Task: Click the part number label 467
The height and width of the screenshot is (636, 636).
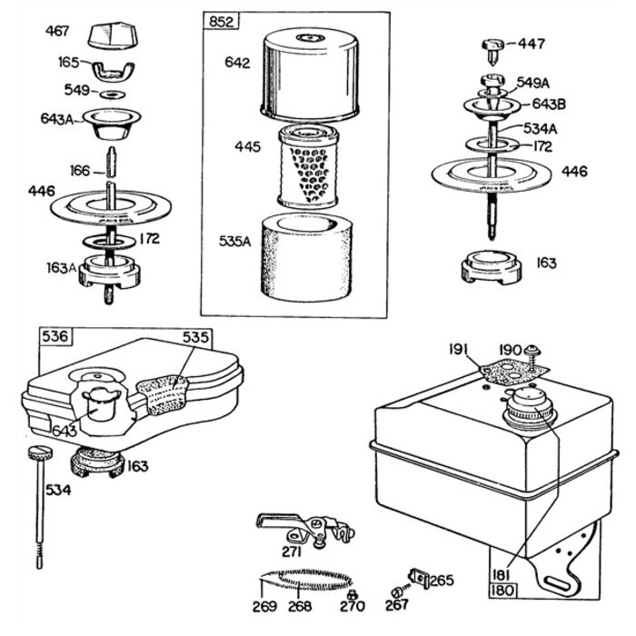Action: (x=59, y=32)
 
